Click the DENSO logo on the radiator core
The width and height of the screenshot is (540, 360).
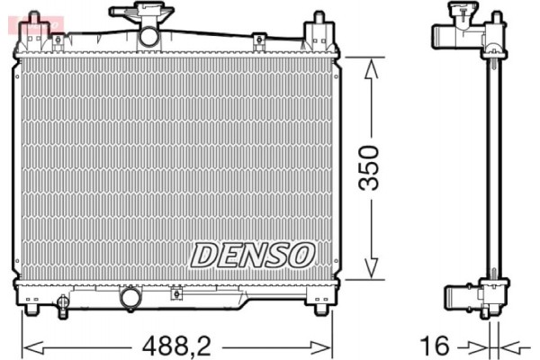[251, 254]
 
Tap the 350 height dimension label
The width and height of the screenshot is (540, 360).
[370, 168]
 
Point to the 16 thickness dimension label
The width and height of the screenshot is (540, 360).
[435, 344]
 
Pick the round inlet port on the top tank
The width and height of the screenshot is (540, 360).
[148, 35]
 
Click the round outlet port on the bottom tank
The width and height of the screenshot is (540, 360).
[131, 296]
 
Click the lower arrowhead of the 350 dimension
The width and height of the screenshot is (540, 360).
[369, 271]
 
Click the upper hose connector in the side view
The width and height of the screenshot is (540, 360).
[447, 35]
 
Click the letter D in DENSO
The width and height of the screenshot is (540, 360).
[203, 254]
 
